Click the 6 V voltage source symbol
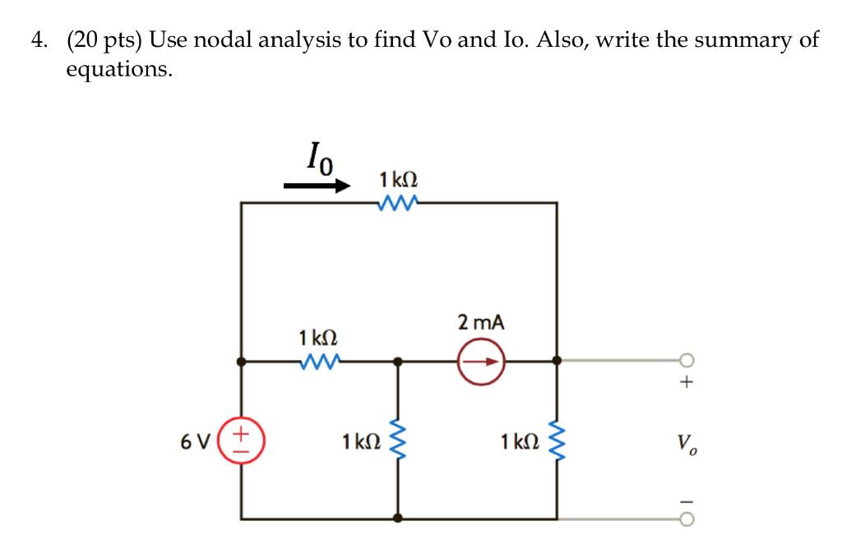click(241, 440)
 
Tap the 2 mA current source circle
click(480, 360)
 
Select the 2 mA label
click(480, 323)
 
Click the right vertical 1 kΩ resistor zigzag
click(557, 440)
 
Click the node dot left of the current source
click(398, 360)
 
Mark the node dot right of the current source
click(557, 360)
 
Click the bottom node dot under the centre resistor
click(398, 518)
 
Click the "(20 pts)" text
click(100, 41)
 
